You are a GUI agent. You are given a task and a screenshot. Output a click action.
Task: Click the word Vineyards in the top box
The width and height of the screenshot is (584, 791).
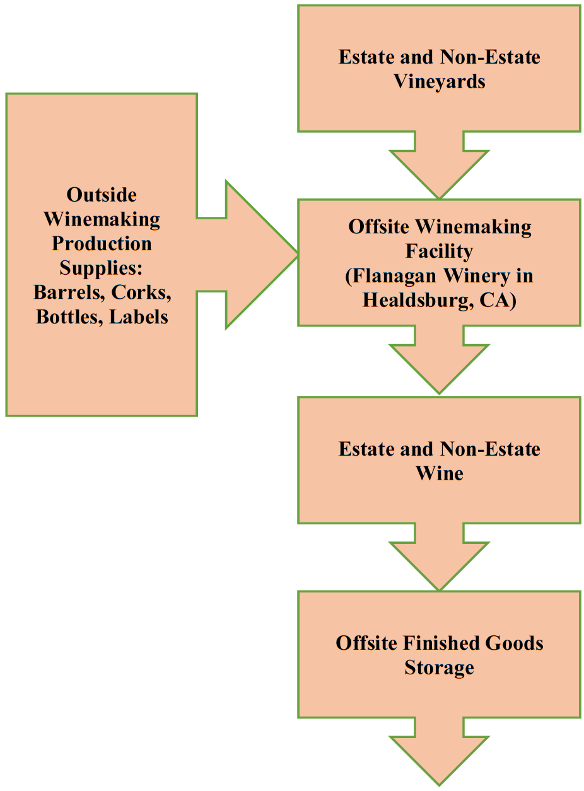(440, 82)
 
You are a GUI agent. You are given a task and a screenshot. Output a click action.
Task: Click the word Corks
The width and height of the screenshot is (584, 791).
(143, 292)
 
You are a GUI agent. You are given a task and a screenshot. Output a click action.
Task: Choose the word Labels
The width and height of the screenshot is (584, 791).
(139, 316)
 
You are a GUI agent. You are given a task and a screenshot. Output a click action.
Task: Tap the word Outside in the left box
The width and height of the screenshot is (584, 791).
(102, 195)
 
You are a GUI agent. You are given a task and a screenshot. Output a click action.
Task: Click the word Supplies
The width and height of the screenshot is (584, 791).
(102, 268)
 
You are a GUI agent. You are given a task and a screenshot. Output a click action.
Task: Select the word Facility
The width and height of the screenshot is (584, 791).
(439, 251)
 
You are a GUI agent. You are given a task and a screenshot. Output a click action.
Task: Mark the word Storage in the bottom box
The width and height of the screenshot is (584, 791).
(439, 667)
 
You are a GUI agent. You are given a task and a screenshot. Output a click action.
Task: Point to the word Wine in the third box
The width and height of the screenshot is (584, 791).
(439, 473)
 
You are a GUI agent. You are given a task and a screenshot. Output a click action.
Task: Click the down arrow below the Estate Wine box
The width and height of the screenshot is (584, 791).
(439, 561)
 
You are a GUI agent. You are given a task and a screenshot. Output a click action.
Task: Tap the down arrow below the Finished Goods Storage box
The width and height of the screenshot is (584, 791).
(439, 756)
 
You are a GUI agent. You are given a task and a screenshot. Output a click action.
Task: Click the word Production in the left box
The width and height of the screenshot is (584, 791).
(102, 243)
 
